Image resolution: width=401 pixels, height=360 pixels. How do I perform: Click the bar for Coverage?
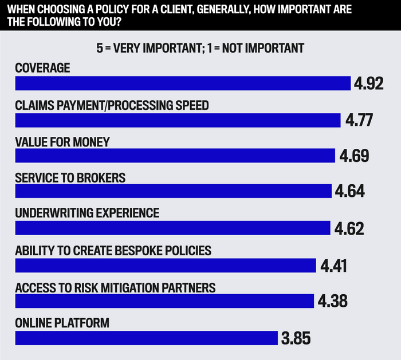183,84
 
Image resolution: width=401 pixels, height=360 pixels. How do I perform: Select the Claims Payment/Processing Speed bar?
178,120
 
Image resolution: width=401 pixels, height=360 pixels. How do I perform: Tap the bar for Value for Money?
175,156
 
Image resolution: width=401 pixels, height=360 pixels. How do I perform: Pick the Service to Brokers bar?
174,191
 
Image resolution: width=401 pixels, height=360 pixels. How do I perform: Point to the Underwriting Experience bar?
173,228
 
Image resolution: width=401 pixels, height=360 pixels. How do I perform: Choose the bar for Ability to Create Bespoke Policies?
166,265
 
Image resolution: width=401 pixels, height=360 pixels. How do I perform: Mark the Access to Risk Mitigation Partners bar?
164,301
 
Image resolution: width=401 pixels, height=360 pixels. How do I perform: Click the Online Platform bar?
146,338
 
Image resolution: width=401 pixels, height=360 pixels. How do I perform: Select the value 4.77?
359,120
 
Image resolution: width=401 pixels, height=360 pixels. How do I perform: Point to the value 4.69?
353,156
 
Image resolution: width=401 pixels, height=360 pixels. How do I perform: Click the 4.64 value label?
350,191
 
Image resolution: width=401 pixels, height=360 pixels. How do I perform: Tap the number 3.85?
296,338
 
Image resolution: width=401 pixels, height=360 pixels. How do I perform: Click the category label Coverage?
42,68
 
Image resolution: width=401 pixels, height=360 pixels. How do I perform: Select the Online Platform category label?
62,323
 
